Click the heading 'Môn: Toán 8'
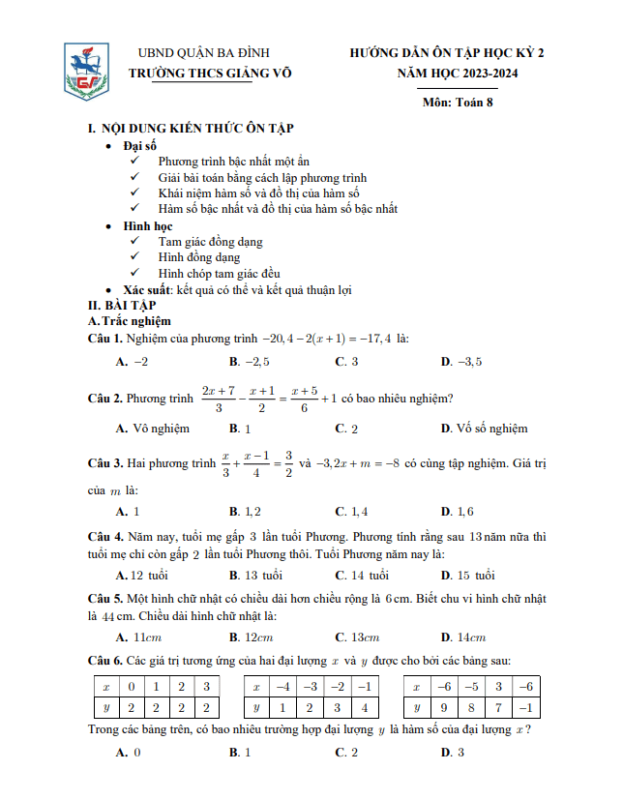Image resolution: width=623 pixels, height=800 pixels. click(458, 103)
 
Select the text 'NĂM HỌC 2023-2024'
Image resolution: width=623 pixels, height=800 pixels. click(447, 73)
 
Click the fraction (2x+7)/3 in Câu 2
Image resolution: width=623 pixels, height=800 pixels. click(219, 399)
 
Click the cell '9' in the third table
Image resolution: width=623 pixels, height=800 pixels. click(445, 707)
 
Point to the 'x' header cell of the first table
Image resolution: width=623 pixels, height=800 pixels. click(104, 687)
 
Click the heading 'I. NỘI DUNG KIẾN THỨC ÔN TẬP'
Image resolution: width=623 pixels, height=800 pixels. click(191, 128)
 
